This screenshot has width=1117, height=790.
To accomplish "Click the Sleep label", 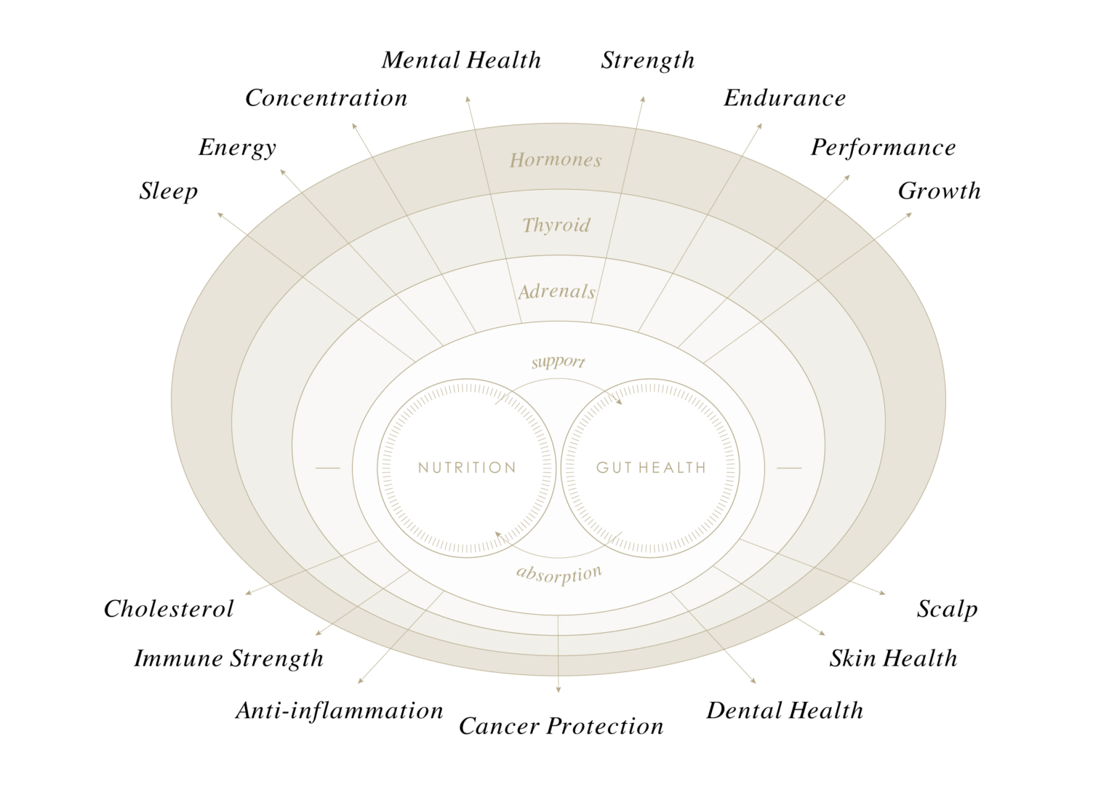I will (x=168, y=191).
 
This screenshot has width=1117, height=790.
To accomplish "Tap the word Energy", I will (x=237, y=147).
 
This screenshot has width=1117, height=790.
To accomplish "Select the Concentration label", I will (x=326, y=97).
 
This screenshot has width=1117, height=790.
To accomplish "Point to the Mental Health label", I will (x=461, y=60).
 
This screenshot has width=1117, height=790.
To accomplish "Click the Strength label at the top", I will (x=647, y=60).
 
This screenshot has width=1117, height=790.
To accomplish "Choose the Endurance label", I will (x=785, y=97).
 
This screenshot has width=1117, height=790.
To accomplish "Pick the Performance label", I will (x=883, y=147).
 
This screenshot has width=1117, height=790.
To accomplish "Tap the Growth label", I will (x=939, y=191).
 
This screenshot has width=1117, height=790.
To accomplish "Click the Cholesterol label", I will (x=169, y=608).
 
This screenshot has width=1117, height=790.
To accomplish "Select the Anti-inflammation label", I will (x=339, y=710).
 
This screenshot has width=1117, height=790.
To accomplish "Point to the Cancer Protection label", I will (x=561, y=726).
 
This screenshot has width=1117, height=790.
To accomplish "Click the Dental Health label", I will (x=785, y=710).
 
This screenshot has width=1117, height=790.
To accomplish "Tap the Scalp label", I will (x=947, y=608).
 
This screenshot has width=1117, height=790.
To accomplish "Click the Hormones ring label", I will (x=556, y=160).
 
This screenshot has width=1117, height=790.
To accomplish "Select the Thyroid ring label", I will (x=556, y=225).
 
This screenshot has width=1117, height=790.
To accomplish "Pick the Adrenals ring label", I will (x=556, y=292).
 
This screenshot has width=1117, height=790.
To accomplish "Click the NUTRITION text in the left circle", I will (x=467, y=468).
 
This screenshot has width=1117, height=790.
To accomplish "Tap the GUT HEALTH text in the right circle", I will (x=651, y=468).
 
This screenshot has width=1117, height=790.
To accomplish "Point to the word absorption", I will (x=558, y=574).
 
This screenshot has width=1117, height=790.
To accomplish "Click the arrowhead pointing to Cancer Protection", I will (x=558, y=689).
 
